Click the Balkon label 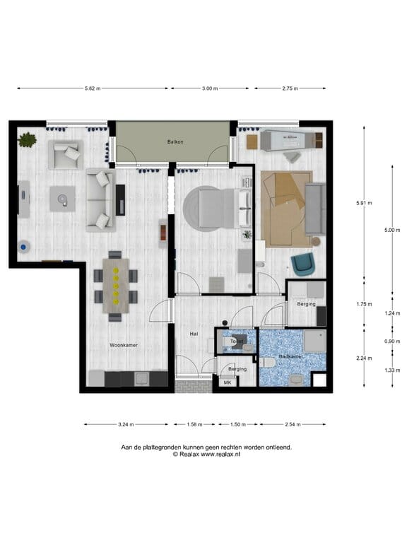pos(175,141)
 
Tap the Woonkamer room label pos(124,345)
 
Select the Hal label pos(194,334)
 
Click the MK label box pos(228,383)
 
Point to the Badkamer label pos(291,356)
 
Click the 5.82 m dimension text pos(93,88)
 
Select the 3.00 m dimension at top pos(210,88)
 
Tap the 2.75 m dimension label pos(290,88)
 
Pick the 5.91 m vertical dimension pos(364,203)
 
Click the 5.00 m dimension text pos(392,230)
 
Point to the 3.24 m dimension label pos(126,424)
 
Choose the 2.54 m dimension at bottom pos(293,424)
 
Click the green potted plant pos(27,140)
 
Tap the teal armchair pos(303,264)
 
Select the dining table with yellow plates pos(116,286)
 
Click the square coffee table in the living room pos(62,199)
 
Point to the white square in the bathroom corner pos(319,380)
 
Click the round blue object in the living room pos(23,247)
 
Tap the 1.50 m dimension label pos(238,424)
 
